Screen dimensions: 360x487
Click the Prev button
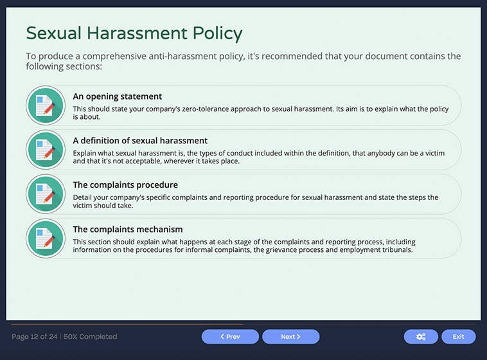click(230, 336)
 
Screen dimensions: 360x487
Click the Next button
click(290, 336)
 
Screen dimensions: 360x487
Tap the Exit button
click(458, 336)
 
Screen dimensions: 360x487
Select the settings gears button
click(421, 336)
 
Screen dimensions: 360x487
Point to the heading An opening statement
click(117, 96)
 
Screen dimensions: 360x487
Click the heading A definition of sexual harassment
click(140, 141)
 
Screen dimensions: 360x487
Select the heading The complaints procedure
click(125, 185)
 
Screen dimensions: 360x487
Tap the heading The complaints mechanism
click(128, 230)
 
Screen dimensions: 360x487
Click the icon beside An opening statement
click(45, 105)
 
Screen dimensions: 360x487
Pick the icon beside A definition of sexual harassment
click(45, 150)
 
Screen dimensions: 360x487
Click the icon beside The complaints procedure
click(45, 194)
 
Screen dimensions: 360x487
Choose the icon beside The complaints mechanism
click(45, 239)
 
